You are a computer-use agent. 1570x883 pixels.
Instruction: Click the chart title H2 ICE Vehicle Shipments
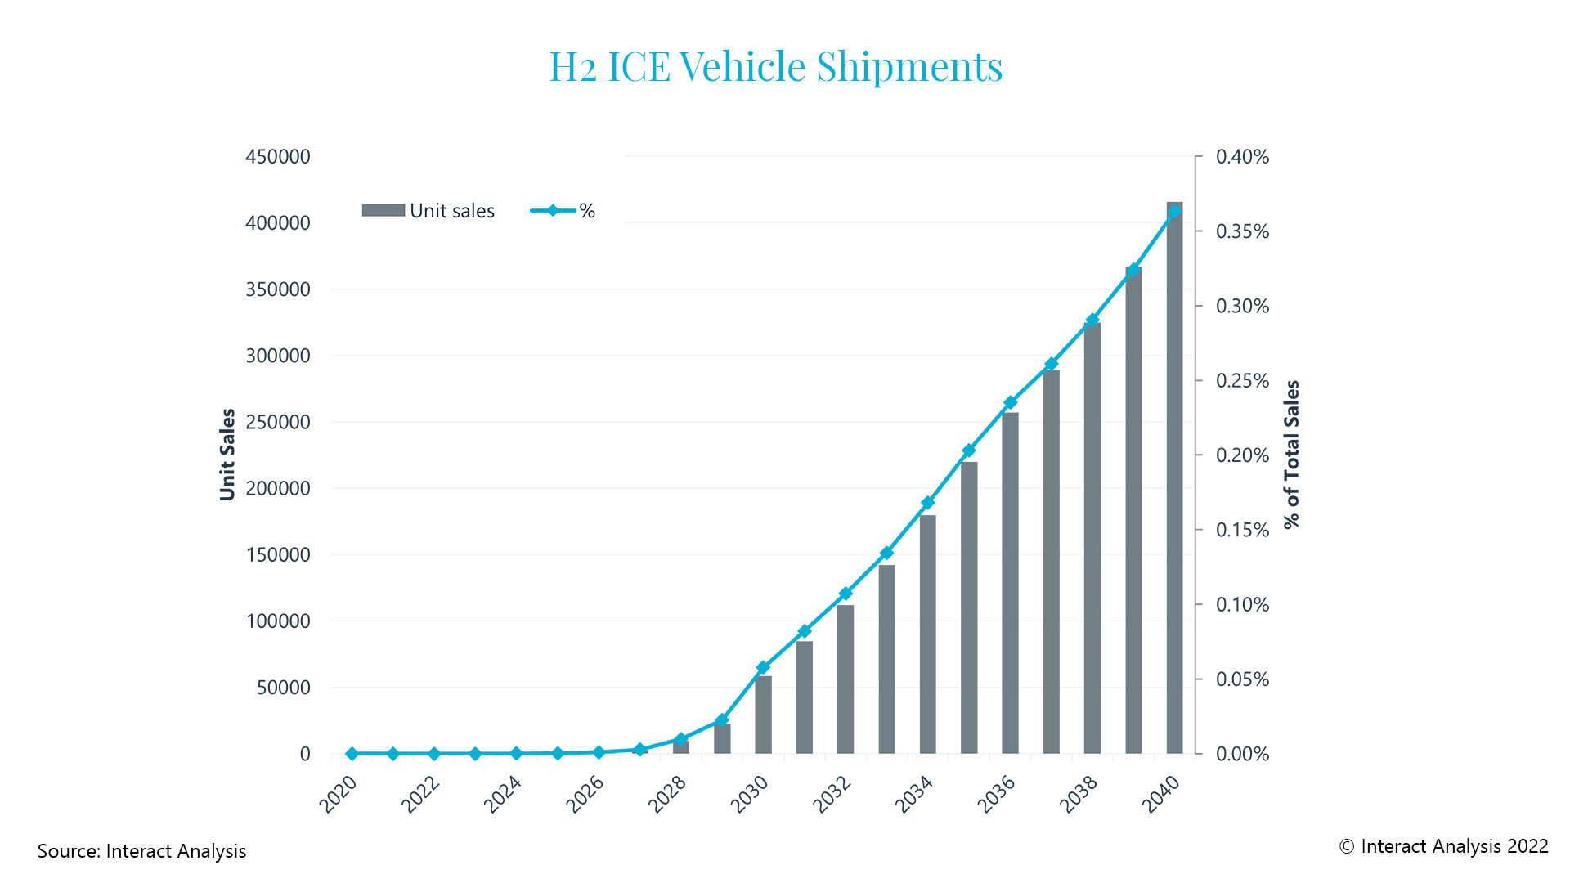(775, 67)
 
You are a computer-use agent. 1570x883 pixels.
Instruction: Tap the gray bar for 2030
(763, 715)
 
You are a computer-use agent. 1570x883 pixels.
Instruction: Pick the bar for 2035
(969, 609)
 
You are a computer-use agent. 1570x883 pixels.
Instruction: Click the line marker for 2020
(352, 753)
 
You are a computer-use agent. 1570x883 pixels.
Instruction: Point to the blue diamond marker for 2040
(1174, 211)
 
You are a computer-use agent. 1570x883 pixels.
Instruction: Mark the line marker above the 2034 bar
(927, 503)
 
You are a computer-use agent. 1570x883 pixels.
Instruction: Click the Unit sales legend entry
(428, 211)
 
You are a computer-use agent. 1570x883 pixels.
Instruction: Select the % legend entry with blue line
(563, 211)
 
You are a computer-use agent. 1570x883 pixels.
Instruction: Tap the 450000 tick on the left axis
(278, 156)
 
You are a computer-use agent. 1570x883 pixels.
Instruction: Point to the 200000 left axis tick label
(278, 488)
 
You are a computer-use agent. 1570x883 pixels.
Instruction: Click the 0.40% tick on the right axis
(1242, 156)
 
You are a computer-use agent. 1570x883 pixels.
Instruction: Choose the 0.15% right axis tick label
(1242, 530)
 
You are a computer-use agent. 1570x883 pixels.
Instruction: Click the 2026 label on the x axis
(585, 794)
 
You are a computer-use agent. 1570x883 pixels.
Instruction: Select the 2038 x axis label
(1079, 794)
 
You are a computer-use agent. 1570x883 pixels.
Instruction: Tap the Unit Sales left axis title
(227, 454)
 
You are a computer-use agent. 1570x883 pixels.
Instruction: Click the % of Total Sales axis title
(1291, 454)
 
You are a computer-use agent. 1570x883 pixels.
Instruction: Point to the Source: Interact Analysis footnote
(141, 851)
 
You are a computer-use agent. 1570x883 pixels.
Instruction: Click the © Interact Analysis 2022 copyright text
(1443, 846)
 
